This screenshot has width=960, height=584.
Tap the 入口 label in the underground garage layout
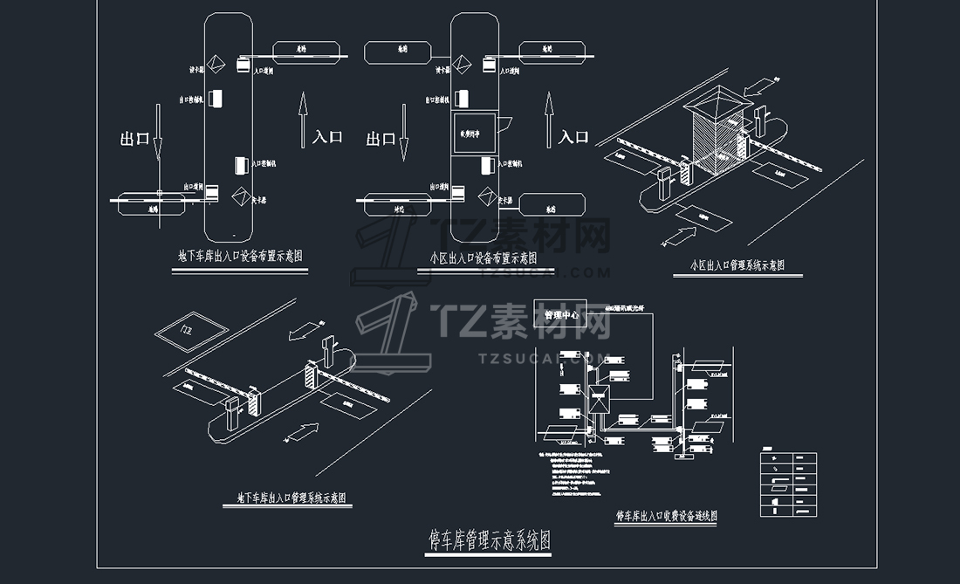click(x=328, y=137)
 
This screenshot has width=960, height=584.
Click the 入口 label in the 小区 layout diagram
click(x=573, y=137)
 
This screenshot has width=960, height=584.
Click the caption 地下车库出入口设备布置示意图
click(x=240, y=258)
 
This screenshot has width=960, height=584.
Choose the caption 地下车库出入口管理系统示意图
click(x=291, y=498)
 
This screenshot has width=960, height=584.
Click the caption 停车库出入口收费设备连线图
click(x=667, y=516)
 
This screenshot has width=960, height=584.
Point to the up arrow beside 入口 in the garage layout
click(x=302, y=118)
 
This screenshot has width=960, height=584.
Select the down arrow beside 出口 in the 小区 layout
click(x=405, y=131)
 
